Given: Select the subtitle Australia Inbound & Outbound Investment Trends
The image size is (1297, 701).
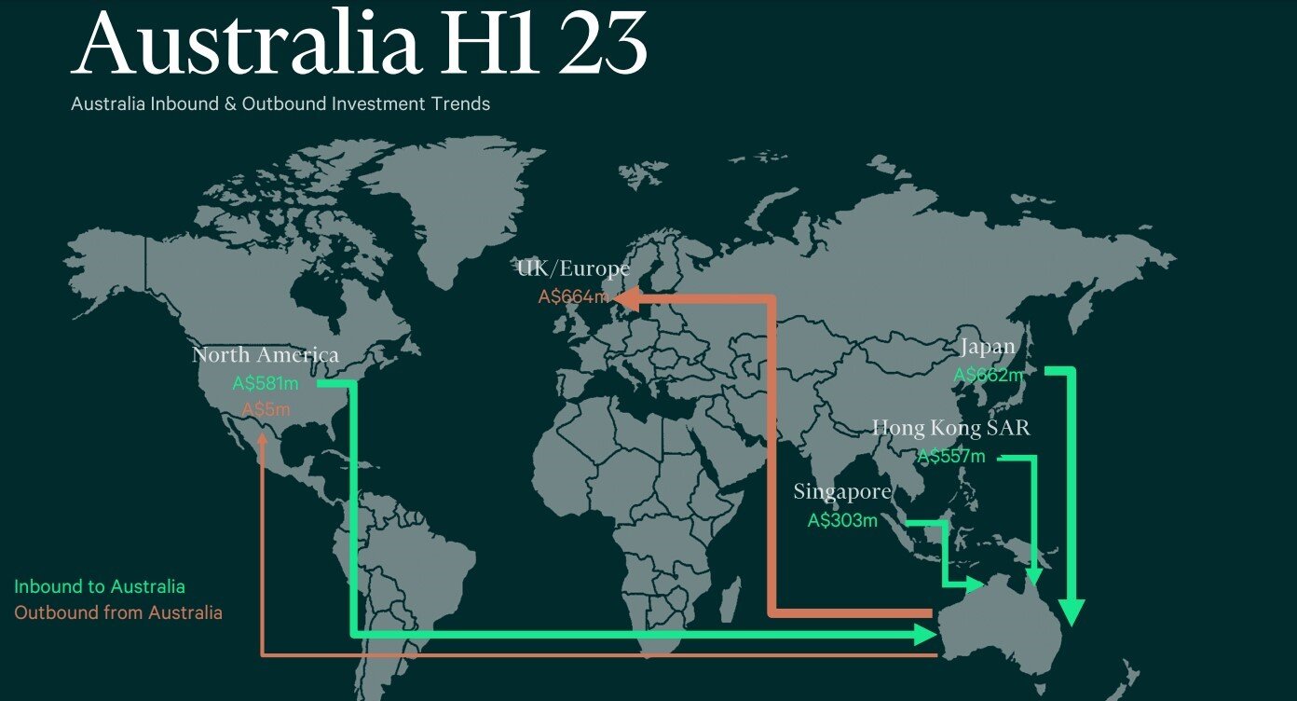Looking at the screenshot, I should click(280, 103).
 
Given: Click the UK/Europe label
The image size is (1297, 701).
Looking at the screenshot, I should click(573, 269).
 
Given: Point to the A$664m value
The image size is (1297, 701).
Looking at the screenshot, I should click(573, 297).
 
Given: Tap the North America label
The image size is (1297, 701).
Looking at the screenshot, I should click(266, 355).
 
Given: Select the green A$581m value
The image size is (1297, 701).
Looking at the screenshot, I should click(266, 383).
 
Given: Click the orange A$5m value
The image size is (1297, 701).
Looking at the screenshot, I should click(266, 409).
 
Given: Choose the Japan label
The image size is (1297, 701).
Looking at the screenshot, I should click(987, 347).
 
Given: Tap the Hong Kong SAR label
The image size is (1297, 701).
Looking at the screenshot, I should click(950, 428).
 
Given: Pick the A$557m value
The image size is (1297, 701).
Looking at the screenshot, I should click(950, 457).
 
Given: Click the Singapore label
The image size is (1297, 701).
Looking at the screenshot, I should click(842, 491).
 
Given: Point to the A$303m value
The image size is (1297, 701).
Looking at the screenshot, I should click(842, 521).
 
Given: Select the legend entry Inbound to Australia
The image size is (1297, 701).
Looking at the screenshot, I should click(100, 586).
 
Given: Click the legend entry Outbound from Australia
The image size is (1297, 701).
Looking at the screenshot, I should click(118, 612).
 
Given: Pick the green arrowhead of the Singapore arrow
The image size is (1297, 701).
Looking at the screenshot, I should click(975, 585).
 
